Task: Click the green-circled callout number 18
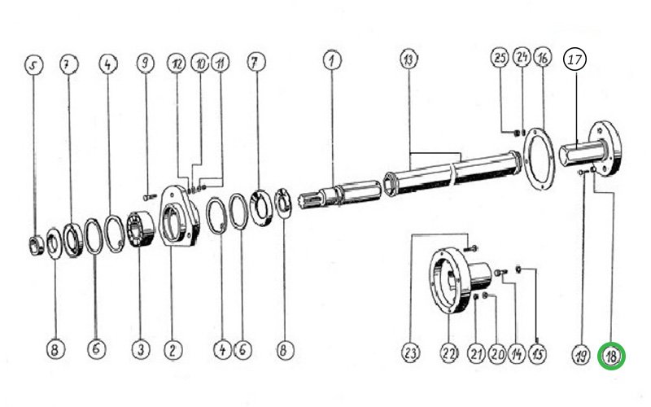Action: tap(611, 356)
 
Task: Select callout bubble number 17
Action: tap(575, 59)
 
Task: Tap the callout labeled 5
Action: tap(33, 65)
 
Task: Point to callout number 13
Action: tap(409, 59)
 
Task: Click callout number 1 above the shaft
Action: tap(332, 59)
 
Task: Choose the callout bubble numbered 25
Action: tap(500, 57)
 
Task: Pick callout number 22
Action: tap(449, 353)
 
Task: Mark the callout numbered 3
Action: tap(141, 350)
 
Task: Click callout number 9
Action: tap(146, 63)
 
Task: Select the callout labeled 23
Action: tap(411, 353)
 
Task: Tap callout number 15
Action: tap(538, 354)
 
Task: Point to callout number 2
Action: tap(173, 350)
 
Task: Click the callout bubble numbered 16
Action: tap(543, 58)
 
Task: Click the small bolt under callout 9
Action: tap(150, 197)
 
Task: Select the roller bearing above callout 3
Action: tap(140, 230)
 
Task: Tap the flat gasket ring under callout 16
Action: tap(539, 159)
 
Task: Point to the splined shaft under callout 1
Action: tap(339, 195)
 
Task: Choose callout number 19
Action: tap(581, 355)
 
